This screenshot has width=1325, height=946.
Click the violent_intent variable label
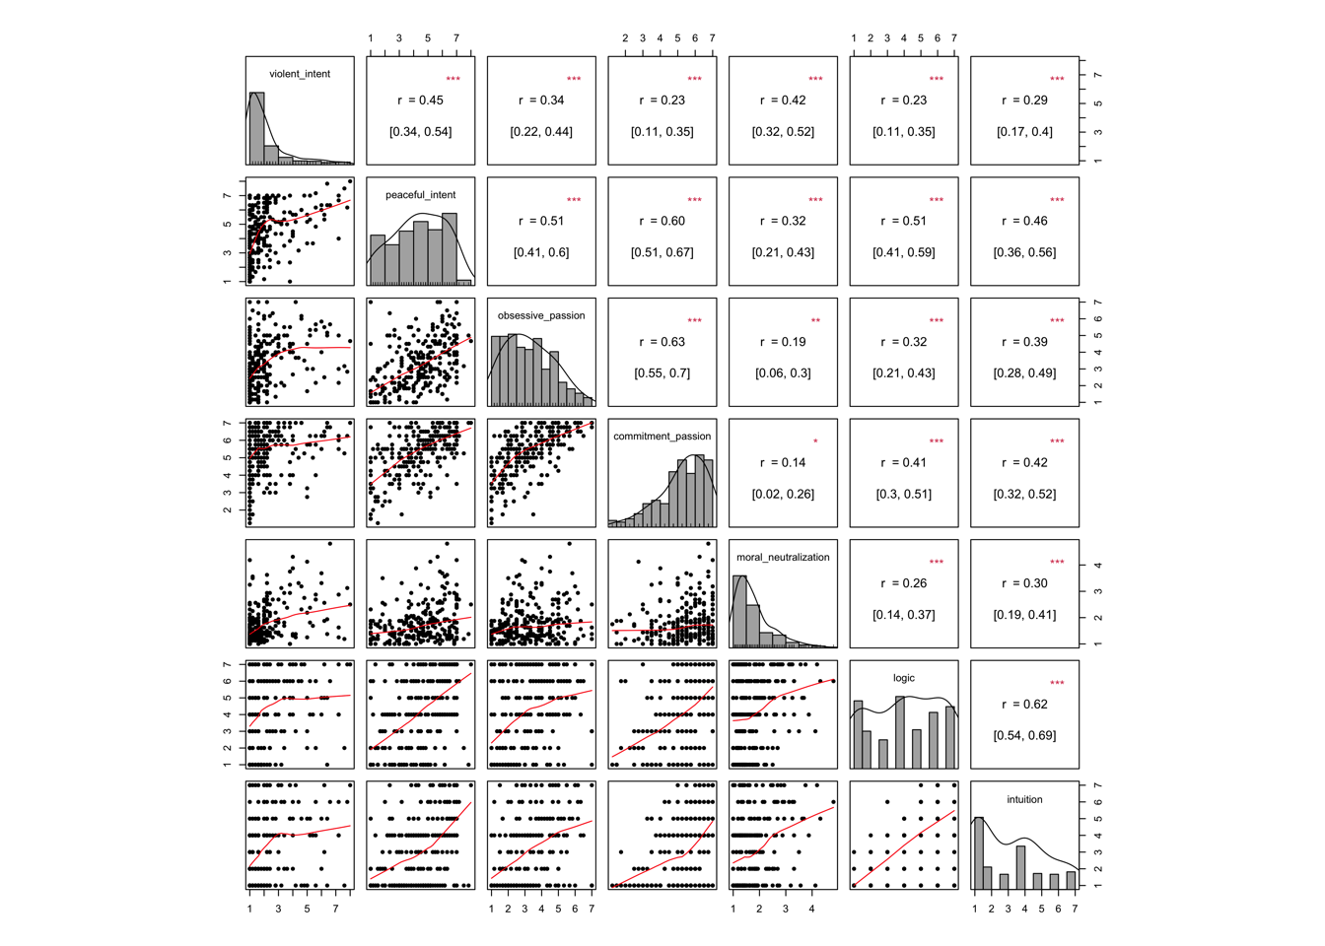pos(300,74)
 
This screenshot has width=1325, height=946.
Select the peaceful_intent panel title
pos(421,195)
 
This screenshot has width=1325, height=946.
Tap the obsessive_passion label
pos(541,315)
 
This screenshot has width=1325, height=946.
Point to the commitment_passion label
pos(662,437)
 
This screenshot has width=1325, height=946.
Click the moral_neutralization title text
pos(783,558)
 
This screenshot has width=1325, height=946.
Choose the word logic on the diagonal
pos(904,678)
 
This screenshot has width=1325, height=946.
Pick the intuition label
pos(1024,799)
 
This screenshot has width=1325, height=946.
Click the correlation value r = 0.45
pos(421,101)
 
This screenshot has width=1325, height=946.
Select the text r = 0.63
pos(662,342)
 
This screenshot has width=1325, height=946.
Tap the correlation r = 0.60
pos(662,221)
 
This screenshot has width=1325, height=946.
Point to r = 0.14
pos(783,463)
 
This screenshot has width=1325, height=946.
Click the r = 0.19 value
pos(783,342)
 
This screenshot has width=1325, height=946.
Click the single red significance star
pos(815,441)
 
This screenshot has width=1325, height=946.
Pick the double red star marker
pos(815,321)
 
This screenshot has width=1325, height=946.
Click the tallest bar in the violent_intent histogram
pos(256,128)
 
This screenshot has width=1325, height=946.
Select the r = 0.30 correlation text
pos(1024,583)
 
